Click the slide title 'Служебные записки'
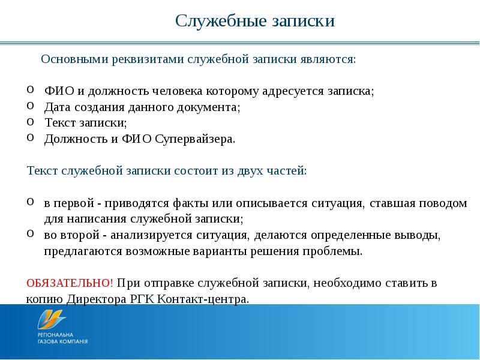[x=254, y=22]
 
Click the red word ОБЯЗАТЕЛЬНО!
[x=70, y=283]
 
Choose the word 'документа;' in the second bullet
[x=212, y=107]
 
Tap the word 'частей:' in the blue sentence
[x=287, y=170]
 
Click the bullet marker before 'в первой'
[x=31, y=201]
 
